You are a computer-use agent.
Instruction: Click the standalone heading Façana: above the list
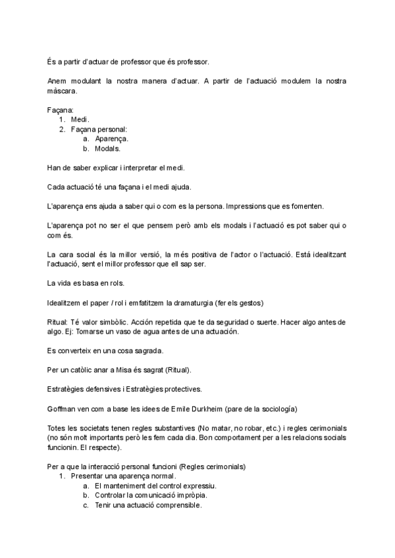[61, 110]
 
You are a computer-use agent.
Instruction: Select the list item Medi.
[80, 120]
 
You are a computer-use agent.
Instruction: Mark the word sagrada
[144, 350]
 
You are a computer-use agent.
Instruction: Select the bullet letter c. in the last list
[86, 505]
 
